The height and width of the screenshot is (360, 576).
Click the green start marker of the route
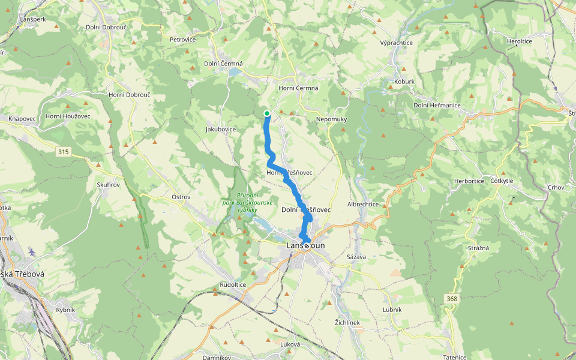pos(266,113)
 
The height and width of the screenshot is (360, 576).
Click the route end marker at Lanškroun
pos(307,245)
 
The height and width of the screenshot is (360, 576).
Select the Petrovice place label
pos(183,40)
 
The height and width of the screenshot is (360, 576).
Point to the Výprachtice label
pos(397,43)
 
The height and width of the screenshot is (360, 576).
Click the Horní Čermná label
pos(298,88)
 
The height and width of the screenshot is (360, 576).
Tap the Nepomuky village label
pos(332,119)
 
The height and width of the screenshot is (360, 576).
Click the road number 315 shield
pos(64,152)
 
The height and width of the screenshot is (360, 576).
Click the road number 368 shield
pos(452,298)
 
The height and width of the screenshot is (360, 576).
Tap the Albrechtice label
pos(363,204)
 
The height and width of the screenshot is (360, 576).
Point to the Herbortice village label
pos(469,181)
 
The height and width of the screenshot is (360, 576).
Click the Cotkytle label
pos(502,181)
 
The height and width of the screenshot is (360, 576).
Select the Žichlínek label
pos(347,323)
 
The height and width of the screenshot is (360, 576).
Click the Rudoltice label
pos(233,284)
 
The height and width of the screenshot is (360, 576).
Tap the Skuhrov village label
pos(109,185)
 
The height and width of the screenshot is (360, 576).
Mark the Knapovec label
pos(22,119)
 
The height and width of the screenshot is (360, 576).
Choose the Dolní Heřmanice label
pos(437,105)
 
